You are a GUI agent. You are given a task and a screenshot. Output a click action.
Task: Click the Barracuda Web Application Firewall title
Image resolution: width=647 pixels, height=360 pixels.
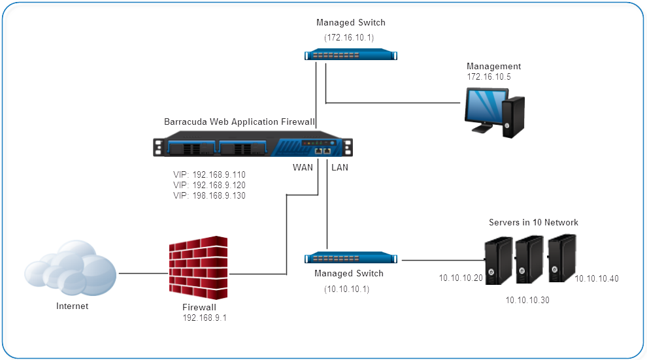(240, 122)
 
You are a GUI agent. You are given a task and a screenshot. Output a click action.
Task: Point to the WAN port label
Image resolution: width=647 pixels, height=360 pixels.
(303, 167)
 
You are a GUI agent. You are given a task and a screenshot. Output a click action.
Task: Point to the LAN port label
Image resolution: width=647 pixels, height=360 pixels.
(340, 167)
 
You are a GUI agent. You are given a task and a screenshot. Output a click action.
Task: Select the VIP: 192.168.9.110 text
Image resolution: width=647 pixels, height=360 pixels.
(209, 175)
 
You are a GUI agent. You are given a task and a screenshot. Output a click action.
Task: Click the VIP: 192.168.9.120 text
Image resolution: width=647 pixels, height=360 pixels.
(209, 185)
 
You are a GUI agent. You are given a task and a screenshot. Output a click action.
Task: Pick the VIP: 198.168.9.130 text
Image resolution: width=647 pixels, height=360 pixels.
(209, 195)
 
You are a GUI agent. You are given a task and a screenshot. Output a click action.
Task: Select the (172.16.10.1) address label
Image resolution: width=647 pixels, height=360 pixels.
(354, 38)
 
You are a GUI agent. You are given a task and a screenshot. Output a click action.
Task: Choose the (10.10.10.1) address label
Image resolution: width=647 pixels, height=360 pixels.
(346, 289)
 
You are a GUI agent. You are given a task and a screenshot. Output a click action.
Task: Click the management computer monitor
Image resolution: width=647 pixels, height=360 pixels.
(483, 108)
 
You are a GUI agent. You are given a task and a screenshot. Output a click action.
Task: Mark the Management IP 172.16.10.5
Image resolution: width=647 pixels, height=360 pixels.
(489, 77)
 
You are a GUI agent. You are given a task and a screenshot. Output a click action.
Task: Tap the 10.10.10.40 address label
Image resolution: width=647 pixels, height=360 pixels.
(597, 278)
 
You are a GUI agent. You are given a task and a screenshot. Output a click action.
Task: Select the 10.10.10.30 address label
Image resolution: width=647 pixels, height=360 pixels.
(527, 300)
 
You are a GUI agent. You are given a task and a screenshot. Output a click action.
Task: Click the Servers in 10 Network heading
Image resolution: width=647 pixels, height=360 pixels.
(533, 223)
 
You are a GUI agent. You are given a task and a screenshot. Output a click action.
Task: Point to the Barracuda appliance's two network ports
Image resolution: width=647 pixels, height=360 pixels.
(322, 151)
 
